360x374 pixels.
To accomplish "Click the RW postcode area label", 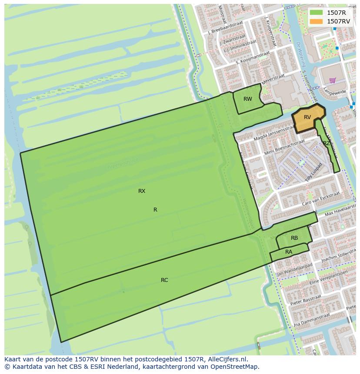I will [248, 99].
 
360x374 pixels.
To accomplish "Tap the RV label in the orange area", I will [307, 117].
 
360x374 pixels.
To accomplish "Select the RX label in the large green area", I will [142, 191].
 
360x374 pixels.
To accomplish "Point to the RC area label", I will [164, 280].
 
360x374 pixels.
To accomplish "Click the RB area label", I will [294, 238].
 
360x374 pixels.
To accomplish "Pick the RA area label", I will [289, 252].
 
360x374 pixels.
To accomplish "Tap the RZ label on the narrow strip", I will [326, 143].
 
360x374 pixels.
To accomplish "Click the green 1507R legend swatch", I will [317, 13].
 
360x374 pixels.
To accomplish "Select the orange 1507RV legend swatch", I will [317, 21].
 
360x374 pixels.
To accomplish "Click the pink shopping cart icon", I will [333, 80].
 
